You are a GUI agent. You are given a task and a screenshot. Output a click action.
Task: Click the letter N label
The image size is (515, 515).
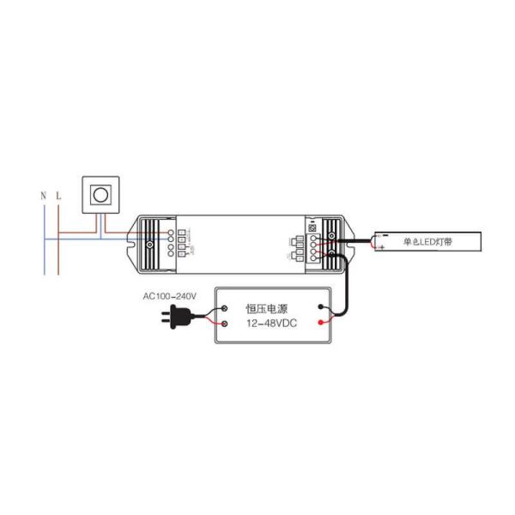click(43, 197)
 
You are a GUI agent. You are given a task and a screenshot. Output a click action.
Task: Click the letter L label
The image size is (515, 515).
click(58, 197)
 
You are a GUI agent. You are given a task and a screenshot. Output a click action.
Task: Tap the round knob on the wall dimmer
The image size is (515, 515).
click(100, 195)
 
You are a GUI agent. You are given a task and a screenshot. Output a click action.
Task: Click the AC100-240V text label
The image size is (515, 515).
click(170, 296)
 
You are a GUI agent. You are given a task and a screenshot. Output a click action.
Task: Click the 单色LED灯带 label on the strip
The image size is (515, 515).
click(427, 243)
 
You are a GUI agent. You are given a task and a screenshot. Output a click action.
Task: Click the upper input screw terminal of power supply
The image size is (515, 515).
click(224, 308)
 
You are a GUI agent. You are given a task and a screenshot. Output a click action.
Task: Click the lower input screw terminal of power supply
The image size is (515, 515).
click(224, 324)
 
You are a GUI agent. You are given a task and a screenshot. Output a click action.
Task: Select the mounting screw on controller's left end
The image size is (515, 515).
click(149, 244)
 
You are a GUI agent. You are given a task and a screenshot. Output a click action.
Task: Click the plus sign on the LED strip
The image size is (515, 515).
click(382, 247)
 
